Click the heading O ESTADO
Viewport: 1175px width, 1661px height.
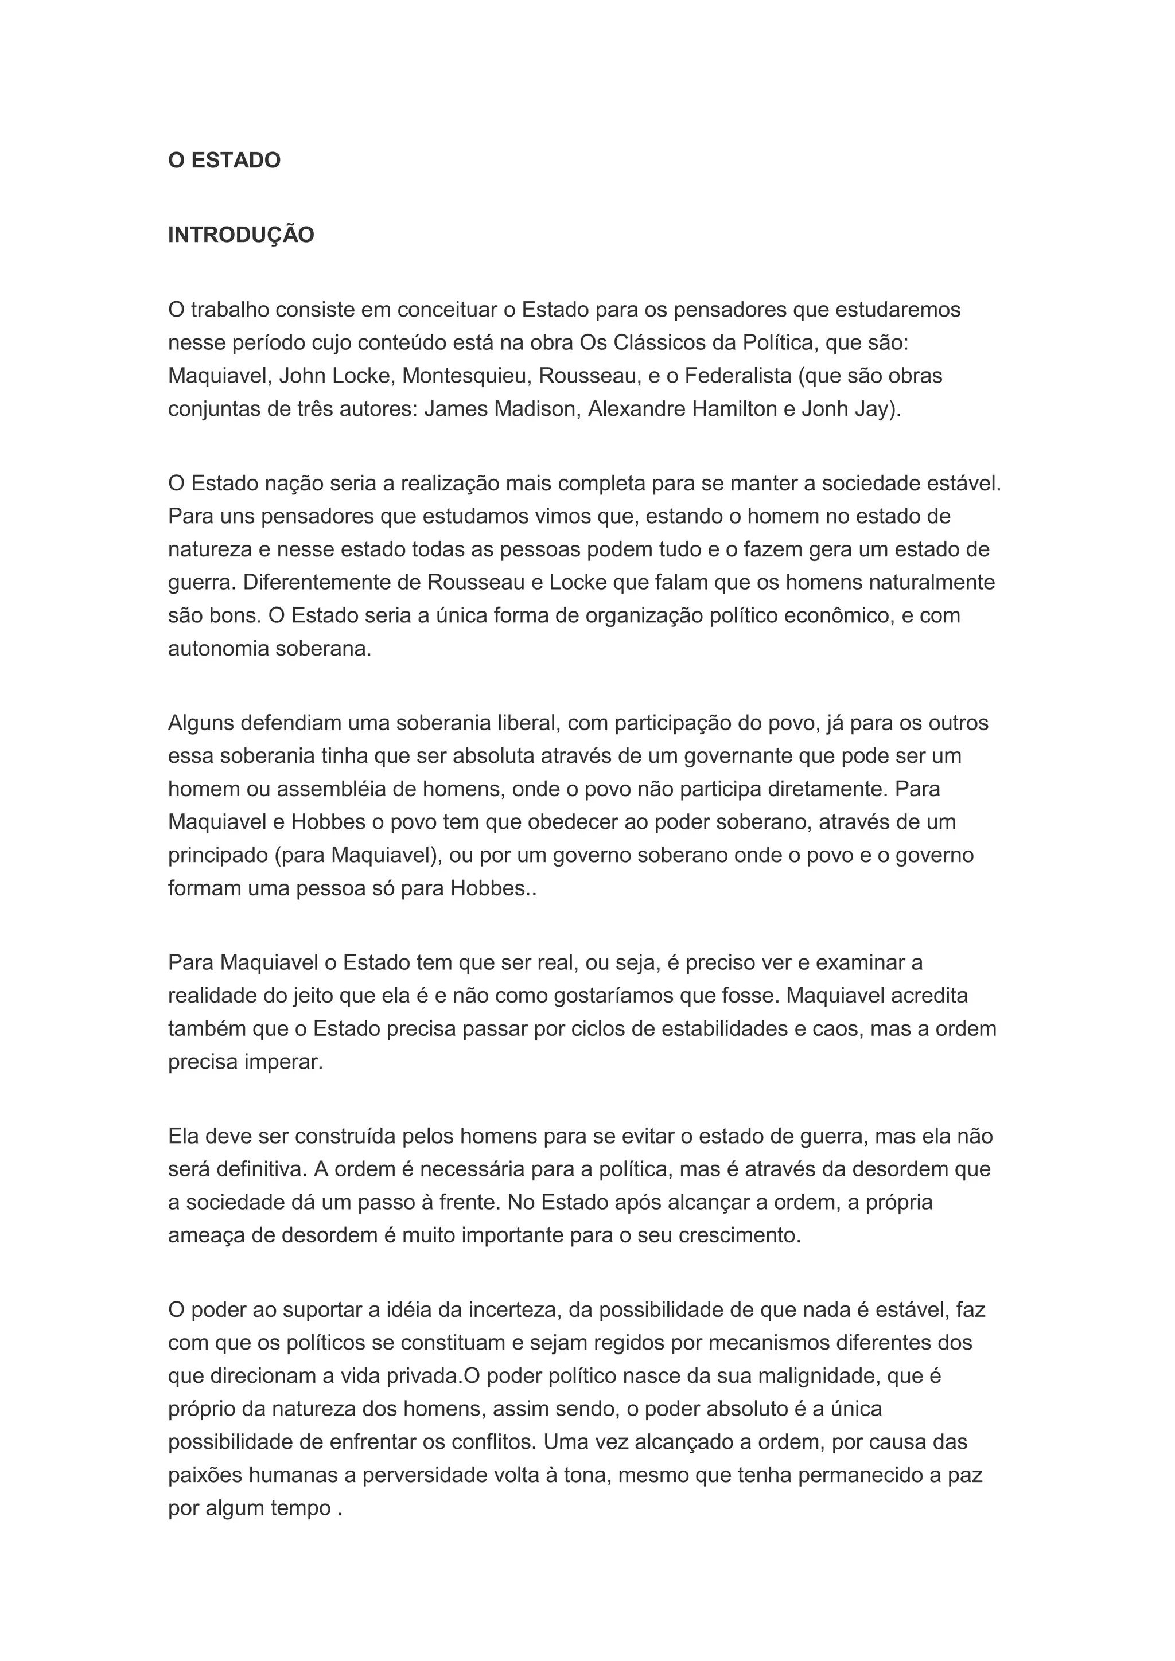pos(224,161)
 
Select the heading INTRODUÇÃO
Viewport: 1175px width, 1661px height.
pos(241,235)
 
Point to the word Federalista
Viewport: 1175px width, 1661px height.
pos(738,376)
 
